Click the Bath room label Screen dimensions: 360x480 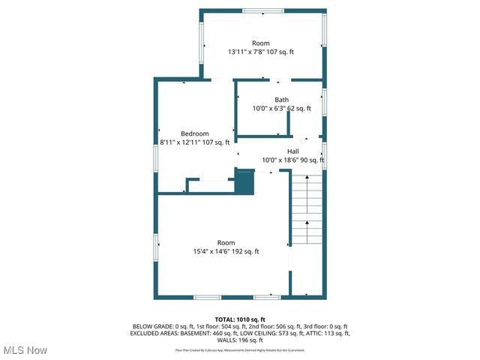coord(281,100)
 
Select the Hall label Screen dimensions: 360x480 coord(292,151)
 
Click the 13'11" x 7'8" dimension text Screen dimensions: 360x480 coord(261,52)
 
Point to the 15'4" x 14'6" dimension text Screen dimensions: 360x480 coord(226,252)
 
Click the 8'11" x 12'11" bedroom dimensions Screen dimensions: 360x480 coord(194,142)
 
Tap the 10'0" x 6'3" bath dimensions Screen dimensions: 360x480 coord(281,109)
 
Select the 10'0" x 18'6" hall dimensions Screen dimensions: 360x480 coord(292,160)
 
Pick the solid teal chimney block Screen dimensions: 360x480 coord(244,181)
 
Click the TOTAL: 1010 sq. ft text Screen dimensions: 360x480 coord(240,319)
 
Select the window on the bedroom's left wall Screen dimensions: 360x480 coord(156,157)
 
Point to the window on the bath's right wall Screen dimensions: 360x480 coord(324,101)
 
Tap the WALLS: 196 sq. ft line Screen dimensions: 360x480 coord(240,339)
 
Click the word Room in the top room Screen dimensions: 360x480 coord(260,43)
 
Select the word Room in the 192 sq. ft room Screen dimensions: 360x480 coord(226,243)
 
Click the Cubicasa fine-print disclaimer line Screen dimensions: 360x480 coord(240,349)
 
